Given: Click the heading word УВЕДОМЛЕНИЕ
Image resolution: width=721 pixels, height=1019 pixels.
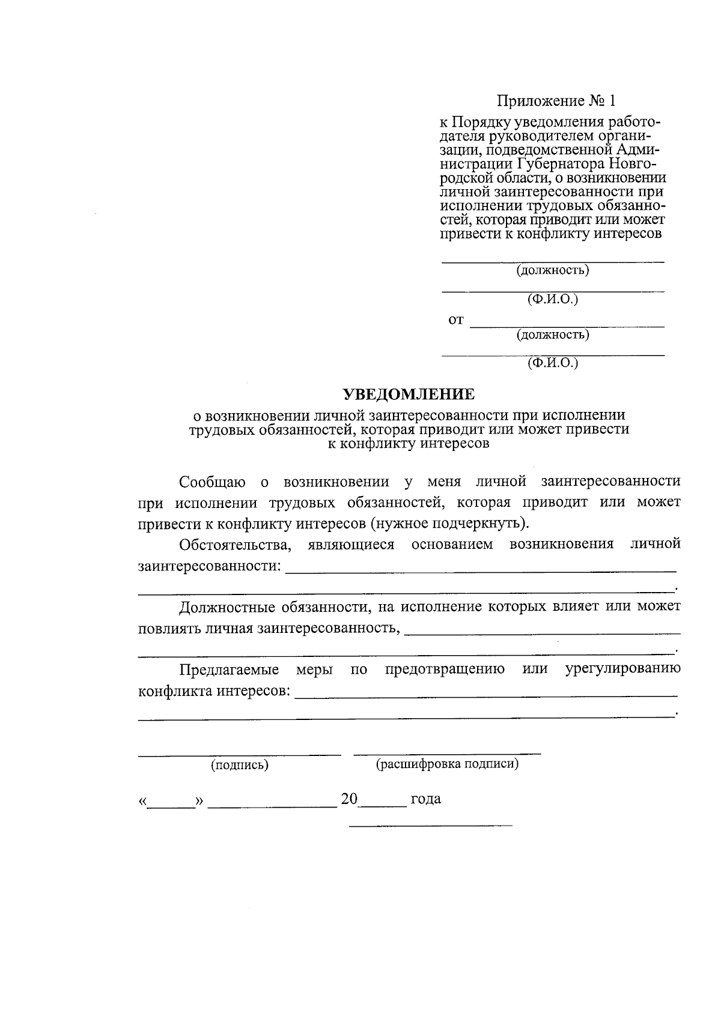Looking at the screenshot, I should tap(409, 395).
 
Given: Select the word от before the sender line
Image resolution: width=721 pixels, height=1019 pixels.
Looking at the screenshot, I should tap(456, 320).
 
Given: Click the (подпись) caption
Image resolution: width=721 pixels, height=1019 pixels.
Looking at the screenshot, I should tap(239, 765).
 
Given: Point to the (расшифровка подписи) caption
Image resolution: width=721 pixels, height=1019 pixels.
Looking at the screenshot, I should tap(447, 764).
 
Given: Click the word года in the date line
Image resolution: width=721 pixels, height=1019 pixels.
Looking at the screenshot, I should tap(425, 799).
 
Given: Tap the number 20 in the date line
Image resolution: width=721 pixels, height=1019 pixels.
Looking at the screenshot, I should tap(349, 799).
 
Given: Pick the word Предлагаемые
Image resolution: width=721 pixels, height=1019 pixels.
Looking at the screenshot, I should tap(229, 670).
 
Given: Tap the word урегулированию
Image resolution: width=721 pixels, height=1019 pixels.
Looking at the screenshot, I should tap(622, 670).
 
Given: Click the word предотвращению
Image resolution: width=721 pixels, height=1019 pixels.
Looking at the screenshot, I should tap(445, 670).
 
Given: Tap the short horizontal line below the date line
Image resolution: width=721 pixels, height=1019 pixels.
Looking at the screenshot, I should tap(431, 826).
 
